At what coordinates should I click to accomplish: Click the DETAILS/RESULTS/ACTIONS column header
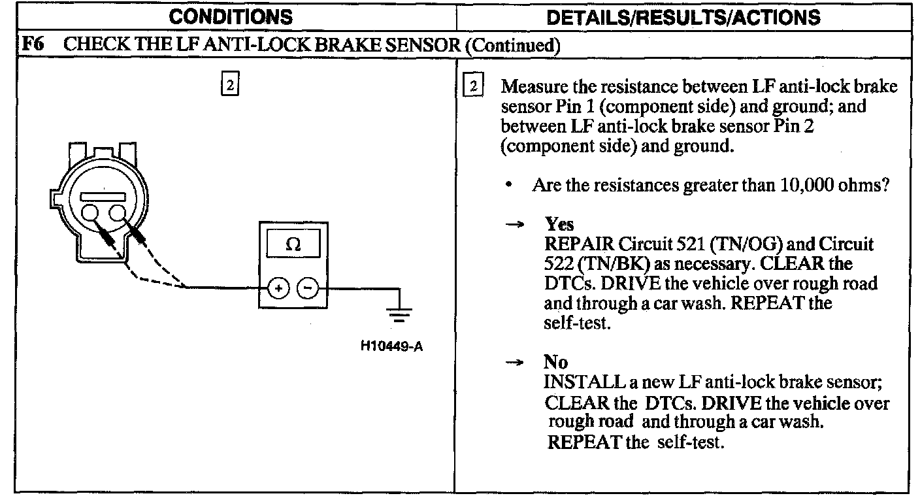pos(683,17)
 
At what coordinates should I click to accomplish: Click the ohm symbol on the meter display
pos(293,245)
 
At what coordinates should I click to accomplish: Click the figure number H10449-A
pos(391,346)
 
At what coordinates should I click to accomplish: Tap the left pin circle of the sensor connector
pos(91,213)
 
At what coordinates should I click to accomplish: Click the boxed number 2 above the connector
pos(229,85)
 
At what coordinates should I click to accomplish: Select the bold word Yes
pos(559,225)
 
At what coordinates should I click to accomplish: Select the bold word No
pos(555,361)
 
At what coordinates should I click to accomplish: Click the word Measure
pos(537,87)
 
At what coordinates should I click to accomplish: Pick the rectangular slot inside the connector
pos(103,195)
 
